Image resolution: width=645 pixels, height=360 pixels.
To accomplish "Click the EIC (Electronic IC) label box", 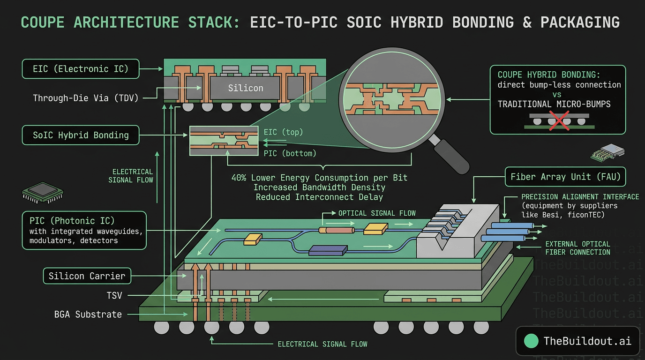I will [81, 69].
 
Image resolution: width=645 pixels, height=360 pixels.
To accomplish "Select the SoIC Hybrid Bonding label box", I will [81, 135].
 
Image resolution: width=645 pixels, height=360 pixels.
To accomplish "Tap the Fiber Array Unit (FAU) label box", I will [565, 177].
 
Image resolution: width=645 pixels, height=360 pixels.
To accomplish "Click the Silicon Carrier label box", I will [87, 276].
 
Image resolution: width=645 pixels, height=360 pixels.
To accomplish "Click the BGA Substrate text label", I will [88, 314].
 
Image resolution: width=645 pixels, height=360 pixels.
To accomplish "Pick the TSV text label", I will [114, 295].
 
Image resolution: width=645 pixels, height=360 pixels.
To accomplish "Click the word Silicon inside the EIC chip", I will [246, 88].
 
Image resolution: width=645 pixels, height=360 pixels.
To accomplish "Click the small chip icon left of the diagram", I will [43, 192].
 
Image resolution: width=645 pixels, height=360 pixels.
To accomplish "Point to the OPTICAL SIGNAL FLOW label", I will [377, 213].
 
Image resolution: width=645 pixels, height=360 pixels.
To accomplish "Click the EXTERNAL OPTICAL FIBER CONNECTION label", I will [577, 248].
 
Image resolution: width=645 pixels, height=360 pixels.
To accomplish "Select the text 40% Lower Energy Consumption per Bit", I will [319, 178].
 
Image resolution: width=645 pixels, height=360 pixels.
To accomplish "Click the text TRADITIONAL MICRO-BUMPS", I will [554, 104].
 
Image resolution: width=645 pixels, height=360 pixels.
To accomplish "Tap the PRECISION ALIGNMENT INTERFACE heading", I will [580, 197].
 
